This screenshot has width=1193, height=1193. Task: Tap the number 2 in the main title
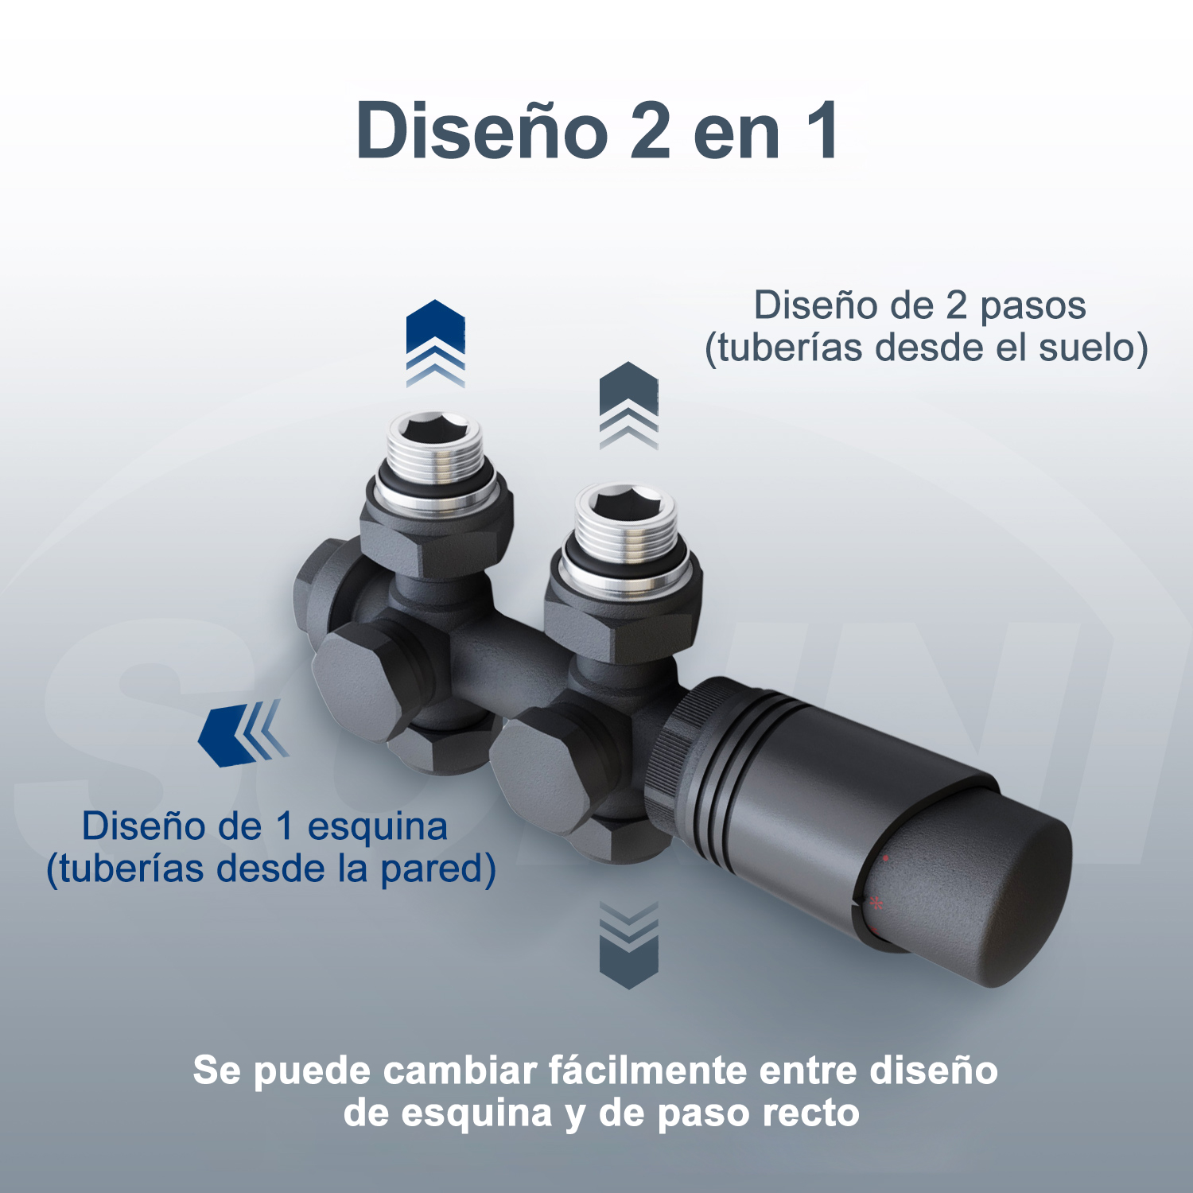(x=651, y=131)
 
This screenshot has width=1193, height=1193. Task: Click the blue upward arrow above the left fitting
(x=436, y=343)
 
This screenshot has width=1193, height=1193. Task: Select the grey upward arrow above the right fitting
(x=628, y=405)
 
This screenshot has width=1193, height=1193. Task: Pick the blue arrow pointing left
(x=243, y=733)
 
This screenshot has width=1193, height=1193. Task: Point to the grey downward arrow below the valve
(x=628, y=946)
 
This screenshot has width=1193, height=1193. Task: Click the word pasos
(x=1032, y=307)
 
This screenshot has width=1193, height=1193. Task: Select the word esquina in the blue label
(x=377, y=828)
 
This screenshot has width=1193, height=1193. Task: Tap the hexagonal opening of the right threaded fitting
(x=624, y=503)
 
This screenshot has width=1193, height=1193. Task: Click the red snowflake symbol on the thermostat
(x=876, y=903)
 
